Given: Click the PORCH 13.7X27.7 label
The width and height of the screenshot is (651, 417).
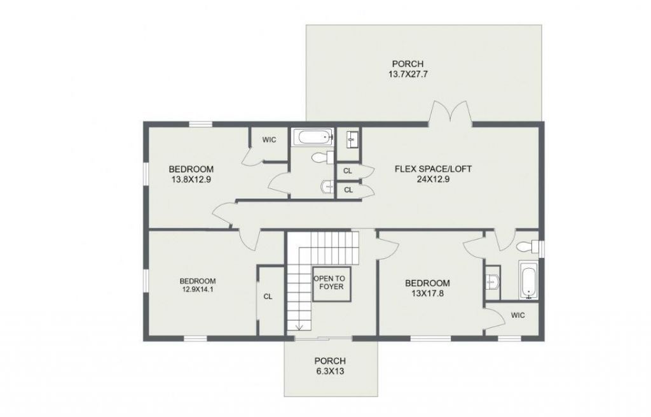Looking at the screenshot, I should [407, 69].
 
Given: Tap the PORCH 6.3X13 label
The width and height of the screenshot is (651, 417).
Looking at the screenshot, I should [329, 366].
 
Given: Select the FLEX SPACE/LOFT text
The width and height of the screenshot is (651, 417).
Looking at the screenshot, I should [433, 174].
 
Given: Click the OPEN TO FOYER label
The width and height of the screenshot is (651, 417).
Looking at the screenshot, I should [331, 283].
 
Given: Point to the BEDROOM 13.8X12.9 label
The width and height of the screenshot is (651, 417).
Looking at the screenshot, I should [191, 174].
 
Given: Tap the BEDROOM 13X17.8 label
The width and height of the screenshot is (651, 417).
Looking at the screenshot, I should [427, 288].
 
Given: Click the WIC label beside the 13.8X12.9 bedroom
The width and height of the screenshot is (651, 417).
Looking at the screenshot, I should [269, 140].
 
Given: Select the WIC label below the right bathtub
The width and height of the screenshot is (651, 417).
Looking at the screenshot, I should [517, 315].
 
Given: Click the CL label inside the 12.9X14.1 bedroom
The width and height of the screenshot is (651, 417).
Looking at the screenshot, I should [268, 297].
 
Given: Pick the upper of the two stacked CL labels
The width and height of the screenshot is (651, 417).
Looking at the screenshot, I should [348, 171].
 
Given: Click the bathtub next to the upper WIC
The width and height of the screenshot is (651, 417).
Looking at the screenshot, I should [312, 136].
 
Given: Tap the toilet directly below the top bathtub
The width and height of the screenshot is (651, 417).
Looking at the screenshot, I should [321, 157].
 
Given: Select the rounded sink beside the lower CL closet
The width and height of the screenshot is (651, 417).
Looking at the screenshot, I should [326, 187].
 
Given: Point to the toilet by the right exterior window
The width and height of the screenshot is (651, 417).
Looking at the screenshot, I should [527, 246].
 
